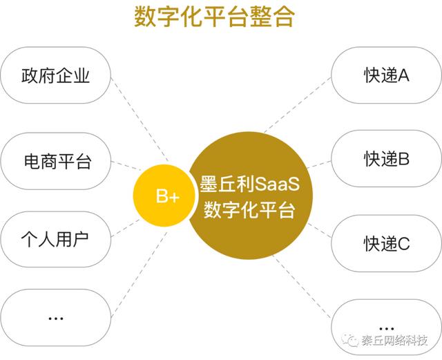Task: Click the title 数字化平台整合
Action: [214, 17]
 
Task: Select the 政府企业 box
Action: [55, 75]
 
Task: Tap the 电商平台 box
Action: [55, 161]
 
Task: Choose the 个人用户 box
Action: [55, 239]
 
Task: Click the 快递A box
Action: [386, 75]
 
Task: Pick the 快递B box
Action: [386, 158]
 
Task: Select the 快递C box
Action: [386, 243]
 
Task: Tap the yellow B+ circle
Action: [164, 196]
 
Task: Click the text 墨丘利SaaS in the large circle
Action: [249, 184]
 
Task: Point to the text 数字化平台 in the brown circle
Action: [249, 209]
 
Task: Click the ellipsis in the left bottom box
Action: [55, 319]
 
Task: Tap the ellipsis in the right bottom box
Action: [386, 329]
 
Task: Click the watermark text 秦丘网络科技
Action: [394, 341]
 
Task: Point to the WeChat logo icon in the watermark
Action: [350, 341]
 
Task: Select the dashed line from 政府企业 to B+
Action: [140, 120]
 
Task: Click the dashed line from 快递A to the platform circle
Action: [298, 105]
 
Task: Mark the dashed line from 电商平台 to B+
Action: [126, 166]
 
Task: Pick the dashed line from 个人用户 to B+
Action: [126, 228]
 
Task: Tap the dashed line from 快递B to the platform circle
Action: [318, 164]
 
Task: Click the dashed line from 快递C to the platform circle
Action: [319, 230]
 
